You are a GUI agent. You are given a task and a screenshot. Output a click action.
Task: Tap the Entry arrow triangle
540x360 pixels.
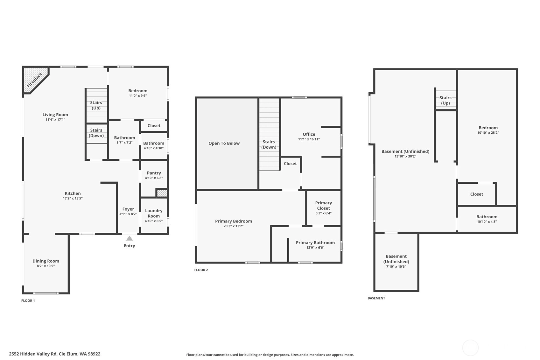coord(130,238)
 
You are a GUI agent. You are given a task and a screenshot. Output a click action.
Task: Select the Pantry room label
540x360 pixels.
coord(154,173)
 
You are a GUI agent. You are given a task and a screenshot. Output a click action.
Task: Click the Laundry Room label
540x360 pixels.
coord(154,213)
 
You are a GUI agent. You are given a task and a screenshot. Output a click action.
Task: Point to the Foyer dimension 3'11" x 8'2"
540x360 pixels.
coord(128,214)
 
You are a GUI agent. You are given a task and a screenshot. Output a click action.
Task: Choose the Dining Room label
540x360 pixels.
coord(46,261)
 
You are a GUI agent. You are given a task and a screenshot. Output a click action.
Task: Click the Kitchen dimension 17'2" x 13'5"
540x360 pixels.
coord(73,198)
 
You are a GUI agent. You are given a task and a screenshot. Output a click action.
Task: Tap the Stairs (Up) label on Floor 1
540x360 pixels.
coord(96,105)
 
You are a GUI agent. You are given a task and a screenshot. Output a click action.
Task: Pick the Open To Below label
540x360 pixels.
coord(224,143)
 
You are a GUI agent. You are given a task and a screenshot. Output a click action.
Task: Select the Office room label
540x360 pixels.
coord(309,134)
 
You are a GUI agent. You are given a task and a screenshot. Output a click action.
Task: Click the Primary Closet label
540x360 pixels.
coord(324,205)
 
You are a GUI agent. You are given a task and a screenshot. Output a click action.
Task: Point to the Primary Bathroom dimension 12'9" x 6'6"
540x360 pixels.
coord(315,247)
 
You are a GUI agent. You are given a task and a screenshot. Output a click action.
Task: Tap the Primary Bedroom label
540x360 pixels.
coord(234,221)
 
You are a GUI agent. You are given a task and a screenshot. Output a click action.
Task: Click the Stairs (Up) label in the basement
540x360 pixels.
coord(445,100)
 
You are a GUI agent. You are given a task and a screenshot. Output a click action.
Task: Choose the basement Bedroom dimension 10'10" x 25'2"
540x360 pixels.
coord(488,132)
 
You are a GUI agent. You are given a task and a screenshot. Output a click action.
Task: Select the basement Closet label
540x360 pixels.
coord(477,194)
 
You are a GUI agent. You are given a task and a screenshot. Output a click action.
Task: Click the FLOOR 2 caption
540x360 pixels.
coord(201,270)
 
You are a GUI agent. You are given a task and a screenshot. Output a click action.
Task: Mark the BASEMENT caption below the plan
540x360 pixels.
coord(376,298)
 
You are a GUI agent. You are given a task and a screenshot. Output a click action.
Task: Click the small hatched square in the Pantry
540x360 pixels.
coord(162,193)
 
